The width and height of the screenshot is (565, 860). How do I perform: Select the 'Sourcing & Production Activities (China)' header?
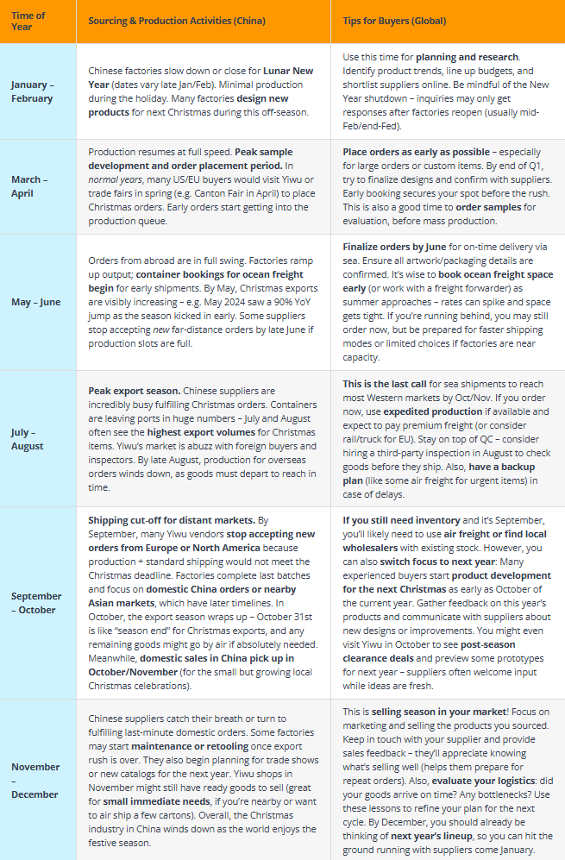(x=177, y=21)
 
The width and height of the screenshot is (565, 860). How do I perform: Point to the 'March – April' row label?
(x=29, y=185)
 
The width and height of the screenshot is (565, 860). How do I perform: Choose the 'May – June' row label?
(x=36, y=302)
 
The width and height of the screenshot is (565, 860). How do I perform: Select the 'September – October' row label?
(x=36, y=602)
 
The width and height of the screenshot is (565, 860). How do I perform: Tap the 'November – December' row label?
(x=35, y=780)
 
